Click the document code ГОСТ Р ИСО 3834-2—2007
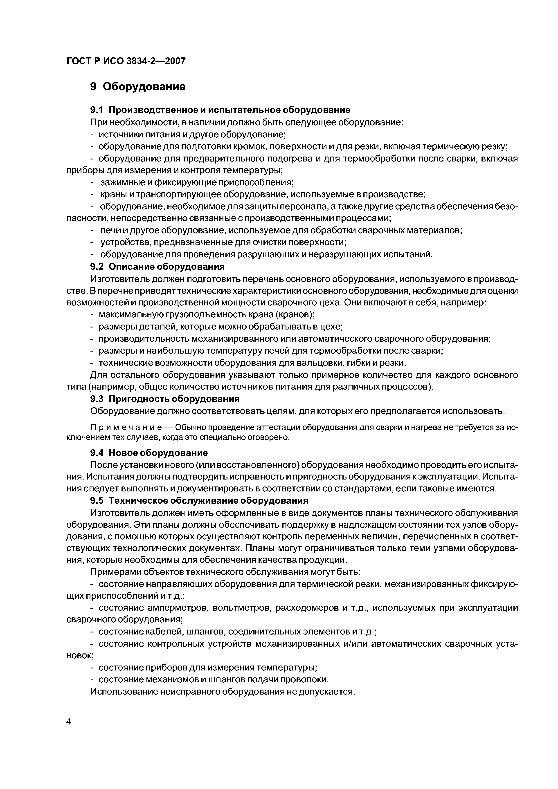tap(126, 61)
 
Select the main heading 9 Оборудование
tap(137, 87)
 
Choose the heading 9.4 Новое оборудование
tap(149, 453)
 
